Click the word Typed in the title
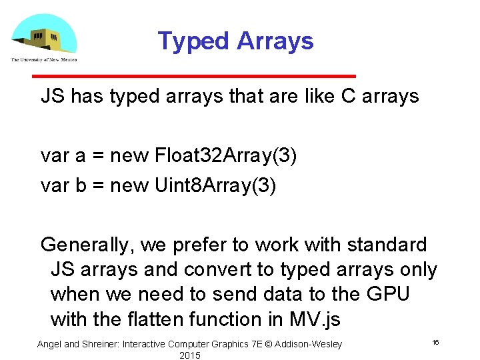pos(184,41)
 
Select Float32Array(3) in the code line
pos(225,156)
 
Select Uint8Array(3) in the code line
pos(213,185)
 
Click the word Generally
pos(87,245)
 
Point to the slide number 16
pos(435,342)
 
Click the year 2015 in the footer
pos(190,355)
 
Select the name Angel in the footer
pos(49,344)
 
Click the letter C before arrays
pos(348,97)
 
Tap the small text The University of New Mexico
pos(43,60)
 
